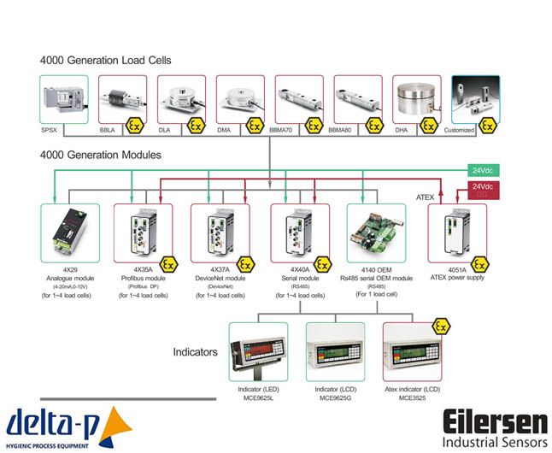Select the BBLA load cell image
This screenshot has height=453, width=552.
tap(121, 101)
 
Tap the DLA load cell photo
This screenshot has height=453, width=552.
tap(180, 101)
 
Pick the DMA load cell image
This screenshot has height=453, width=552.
tap(239, 101)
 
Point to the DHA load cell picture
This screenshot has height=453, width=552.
tap(416, 101)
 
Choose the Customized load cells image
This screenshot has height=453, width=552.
tap(475, 101)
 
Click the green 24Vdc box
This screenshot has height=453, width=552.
tap(482, 170)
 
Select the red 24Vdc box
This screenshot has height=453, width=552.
tap(482, 189)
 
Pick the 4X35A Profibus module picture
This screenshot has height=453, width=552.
tap(143, 232)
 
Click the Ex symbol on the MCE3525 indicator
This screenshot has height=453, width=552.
tap(441, 326)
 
